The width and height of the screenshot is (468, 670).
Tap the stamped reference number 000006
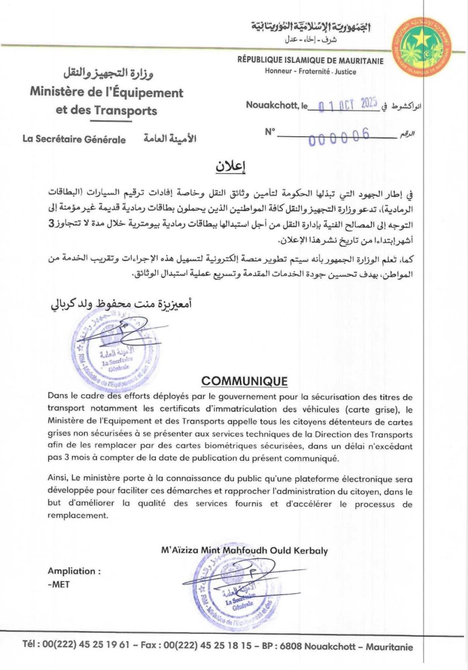339,137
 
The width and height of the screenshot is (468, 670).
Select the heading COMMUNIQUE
244,381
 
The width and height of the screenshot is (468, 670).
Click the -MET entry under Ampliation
59,584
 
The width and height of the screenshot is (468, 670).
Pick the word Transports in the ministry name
126,111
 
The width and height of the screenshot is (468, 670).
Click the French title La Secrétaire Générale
74,139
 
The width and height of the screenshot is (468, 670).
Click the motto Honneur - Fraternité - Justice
310,72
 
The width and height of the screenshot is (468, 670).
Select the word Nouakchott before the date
272,105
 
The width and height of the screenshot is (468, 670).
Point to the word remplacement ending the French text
78,515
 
